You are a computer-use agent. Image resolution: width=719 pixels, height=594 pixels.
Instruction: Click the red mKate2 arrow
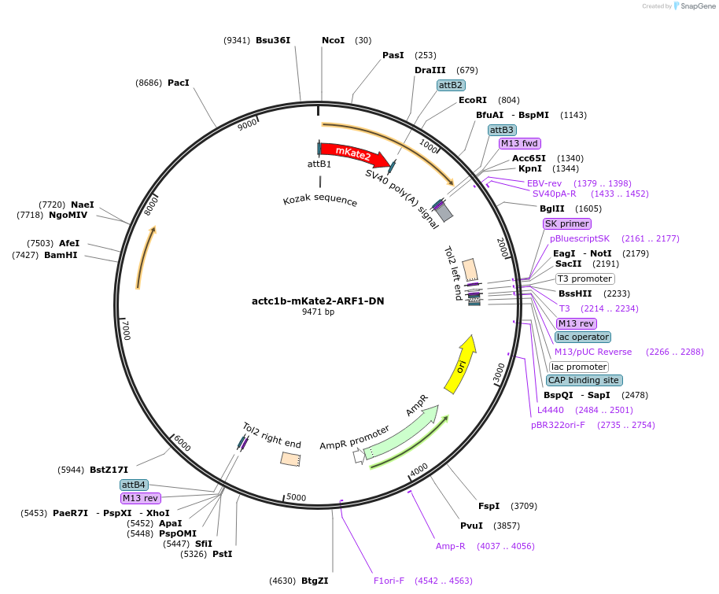(354, 154)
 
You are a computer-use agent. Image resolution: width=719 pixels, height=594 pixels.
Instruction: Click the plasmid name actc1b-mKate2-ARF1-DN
(318, 301)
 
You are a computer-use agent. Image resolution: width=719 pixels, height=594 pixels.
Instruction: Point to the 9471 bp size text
(318, 312)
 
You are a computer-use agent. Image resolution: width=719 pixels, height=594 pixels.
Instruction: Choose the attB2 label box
(451, 85)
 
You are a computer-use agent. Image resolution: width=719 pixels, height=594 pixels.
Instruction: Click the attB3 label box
(502, 130)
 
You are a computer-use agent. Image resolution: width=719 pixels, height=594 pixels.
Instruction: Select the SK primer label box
(566, 223)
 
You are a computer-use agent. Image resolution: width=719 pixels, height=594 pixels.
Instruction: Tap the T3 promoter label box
(584, 279)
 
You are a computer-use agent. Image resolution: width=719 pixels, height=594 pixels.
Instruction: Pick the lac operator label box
(582, 338)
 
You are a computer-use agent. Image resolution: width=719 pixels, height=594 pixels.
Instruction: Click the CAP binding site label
(584, 380)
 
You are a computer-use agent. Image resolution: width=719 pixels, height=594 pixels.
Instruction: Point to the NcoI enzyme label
(333, 40)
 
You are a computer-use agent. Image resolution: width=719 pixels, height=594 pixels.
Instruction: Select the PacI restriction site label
(179, 82)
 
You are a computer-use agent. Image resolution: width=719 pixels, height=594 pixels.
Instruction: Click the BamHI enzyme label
(62, 255)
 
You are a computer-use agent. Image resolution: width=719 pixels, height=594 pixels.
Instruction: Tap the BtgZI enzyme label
(314, 581)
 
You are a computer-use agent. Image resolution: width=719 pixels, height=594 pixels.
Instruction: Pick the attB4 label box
(133, 485)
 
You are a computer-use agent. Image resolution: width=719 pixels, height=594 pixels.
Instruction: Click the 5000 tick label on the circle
(296, 497)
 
